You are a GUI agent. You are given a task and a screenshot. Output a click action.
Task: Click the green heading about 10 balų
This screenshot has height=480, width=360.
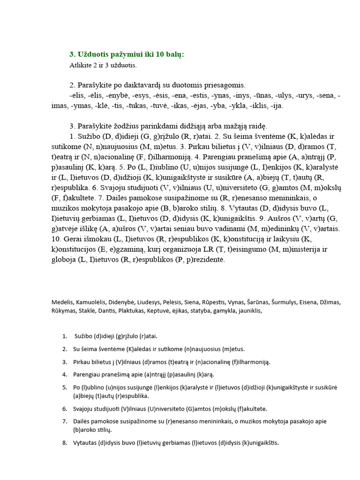[x=127, y=54]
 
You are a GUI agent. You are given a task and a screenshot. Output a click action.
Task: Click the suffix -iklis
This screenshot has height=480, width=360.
[x=259, y=106]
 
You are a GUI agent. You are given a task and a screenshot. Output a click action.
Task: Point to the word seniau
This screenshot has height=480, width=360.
[x=193, y=229]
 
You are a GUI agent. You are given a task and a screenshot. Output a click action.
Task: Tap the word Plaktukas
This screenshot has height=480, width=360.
[x=133, y=310]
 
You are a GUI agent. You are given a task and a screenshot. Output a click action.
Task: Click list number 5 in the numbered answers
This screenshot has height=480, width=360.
[x=64, y=387]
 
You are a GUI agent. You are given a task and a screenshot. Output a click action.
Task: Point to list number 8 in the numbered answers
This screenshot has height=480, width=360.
[x=64, y=442]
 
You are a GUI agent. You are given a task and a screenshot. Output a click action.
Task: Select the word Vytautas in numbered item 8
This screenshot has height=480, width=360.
[x=84, y=442]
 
